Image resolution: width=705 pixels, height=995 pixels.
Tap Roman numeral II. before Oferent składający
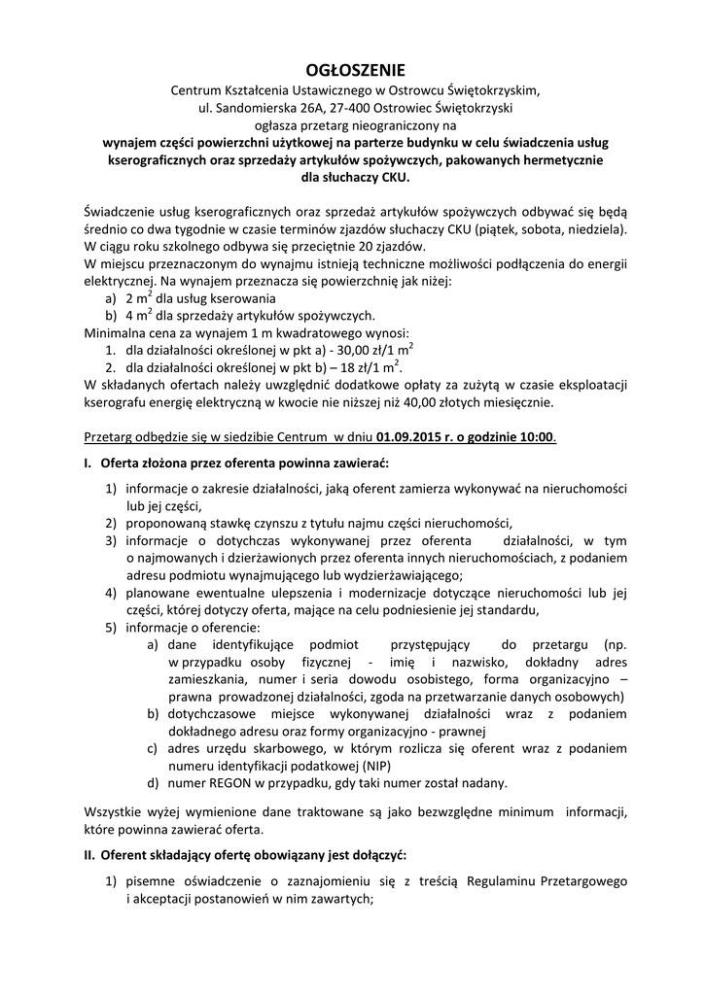[x=89, y=854]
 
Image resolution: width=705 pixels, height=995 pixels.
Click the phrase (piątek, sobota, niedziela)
[x=544, y=228]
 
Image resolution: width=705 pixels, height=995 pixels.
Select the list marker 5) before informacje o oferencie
[x=113, y=627]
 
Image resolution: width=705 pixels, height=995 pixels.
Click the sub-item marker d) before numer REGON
[x=154, y=782]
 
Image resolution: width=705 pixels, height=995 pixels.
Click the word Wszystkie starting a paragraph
[x=119, y=811]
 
